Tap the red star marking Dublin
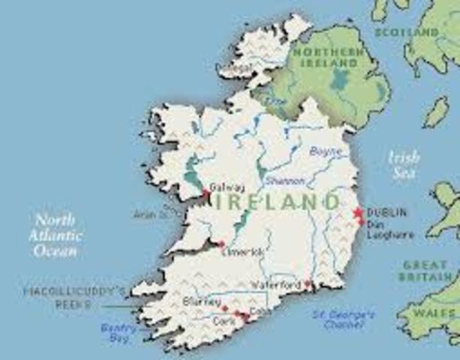(x=358, y=214)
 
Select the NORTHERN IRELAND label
(x=328, y=57)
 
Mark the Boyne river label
(x=326, y=151)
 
